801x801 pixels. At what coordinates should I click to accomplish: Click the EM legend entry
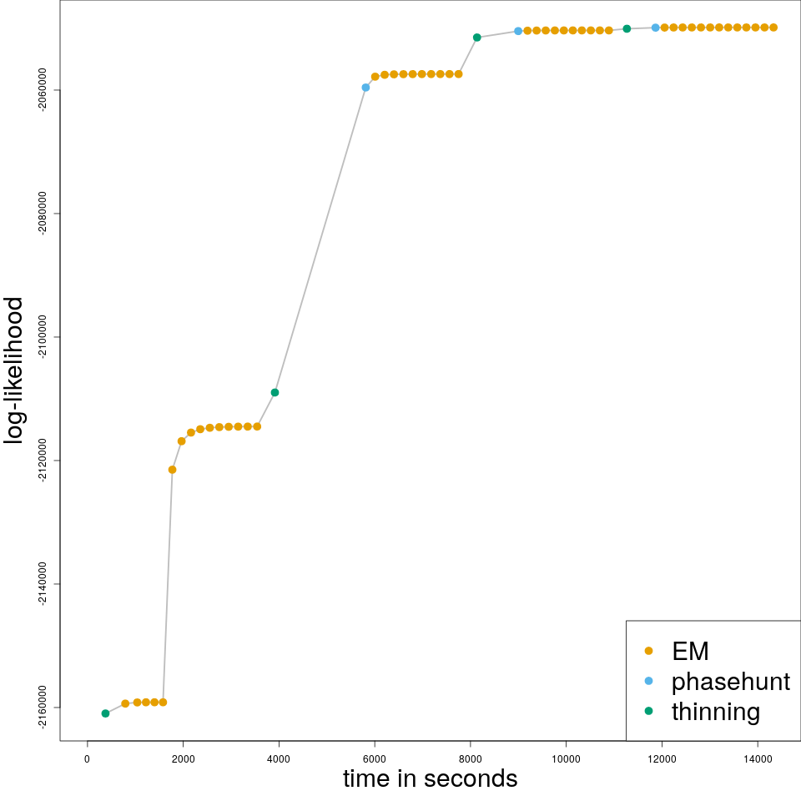(x=690, y=651)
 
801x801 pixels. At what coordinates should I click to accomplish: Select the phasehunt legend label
(x=730, y=682)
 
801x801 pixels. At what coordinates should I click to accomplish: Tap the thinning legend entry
(x=715, y=712)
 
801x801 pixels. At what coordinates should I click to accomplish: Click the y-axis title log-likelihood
(x=14, y=370)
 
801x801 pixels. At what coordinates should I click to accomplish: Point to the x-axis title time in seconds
(x=430, y=779)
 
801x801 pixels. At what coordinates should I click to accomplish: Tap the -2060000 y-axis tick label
(x=43, y=90)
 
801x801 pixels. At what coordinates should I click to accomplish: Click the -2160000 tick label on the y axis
(x=43, y=708)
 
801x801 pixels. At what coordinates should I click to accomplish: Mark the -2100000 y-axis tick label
(x=43, y=337)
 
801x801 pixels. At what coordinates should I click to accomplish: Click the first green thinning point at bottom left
(x=105, y=713)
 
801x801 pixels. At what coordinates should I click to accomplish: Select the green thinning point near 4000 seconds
(x=275, y=392)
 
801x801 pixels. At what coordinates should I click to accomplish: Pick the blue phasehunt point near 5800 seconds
(x=365, y=87)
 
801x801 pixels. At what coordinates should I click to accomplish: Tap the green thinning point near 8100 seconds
(x=476, y=38)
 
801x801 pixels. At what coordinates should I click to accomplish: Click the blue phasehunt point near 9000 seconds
(x=518, y=31)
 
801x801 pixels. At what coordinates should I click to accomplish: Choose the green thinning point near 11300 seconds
(x=627, y=28)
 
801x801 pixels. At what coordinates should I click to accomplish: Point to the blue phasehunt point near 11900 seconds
(x=656, y=28)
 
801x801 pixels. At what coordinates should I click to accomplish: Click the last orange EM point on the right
(x=773, y=28)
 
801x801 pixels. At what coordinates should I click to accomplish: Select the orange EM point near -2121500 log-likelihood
(x=172, y=470)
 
